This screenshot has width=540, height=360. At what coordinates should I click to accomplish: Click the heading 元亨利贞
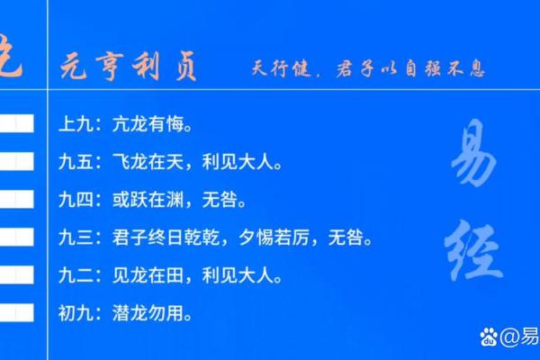(x=129, y=67)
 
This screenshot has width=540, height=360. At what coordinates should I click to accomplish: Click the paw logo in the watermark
(x=489, y=337)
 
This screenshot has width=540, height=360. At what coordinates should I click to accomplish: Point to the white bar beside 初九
(x=16, y=313)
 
